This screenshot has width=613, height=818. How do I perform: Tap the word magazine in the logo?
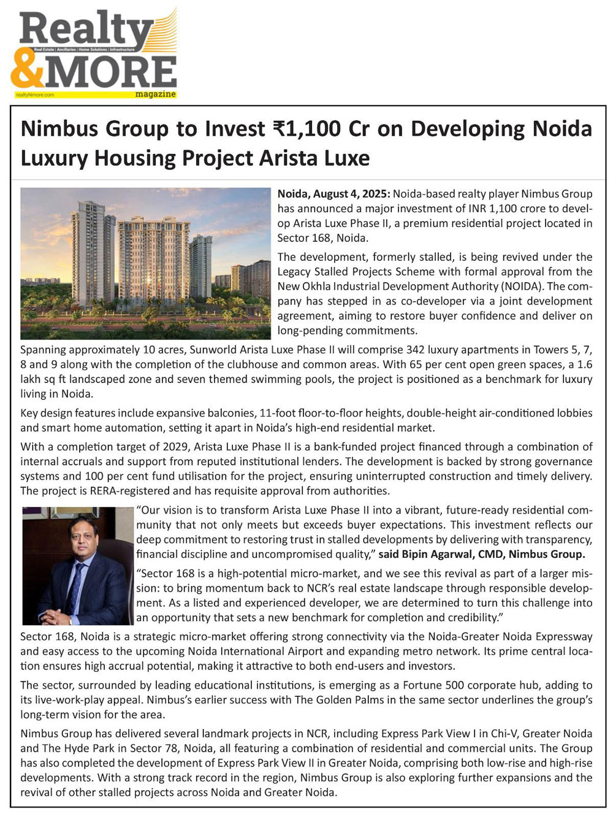pyautogui.click(x=156, y=95)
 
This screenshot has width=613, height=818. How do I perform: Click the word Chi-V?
pyautogui.click(x=502, y=734)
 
